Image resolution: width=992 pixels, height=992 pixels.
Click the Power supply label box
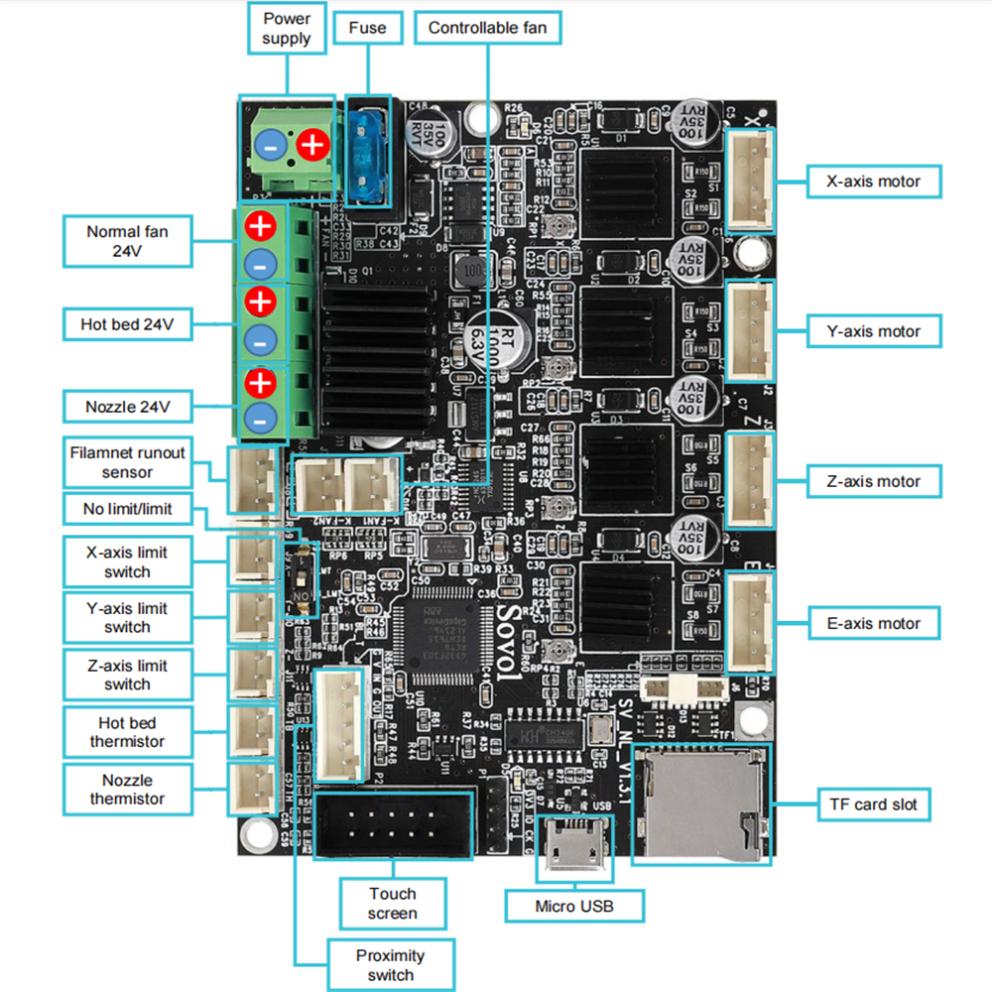click(x=287, y=29)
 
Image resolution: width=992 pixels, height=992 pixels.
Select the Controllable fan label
click(x=487, y=28)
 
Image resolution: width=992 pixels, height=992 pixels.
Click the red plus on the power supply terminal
click(x=311, y=145)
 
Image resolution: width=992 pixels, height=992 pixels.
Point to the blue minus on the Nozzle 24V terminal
click(x=260, y=418)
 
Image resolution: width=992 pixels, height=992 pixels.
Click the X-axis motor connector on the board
click(x=753, y=181)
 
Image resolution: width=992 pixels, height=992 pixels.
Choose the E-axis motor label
click(x=873, y=623)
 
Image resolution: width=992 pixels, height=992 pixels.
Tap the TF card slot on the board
click(x=700, y=803)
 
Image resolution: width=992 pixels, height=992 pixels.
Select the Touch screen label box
click(x=393, y=903)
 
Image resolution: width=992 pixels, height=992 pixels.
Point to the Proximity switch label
click(x=391, y=965)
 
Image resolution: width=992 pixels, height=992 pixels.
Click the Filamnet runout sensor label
click(x=127, y=461)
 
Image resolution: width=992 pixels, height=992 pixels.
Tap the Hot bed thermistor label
click(x=127, y=732)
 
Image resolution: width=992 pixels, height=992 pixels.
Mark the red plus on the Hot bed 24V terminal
click(x=260, y=301)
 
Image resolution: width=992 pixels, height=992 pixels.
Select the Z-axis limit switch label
click(x=127, y=675)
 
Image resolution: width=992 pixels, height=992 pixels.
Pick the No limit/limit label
click(x=127, y=509)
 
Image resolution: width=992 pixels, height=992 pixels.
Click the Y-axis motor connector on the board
click(x=753, y=330)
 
